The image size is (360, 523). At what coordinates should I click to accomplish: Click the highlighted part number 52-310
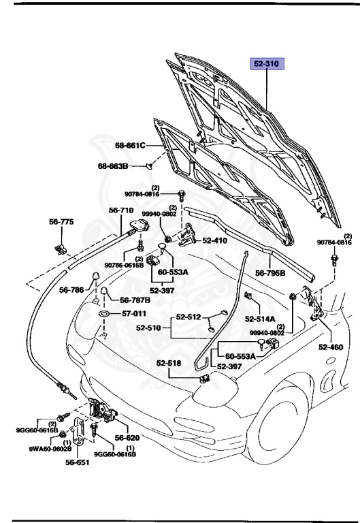[x=267, y=65]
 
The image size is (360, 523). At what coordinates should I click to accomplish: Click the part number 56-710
[x=122, y=210]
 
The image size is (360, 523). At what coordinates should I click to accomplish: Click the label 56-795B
[x=270, y=273]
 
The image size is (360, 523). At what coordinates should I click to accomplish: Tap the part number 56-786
[x=72, y=289]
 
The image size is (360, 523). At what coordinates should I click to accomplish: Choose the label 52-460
[x=331, y=347]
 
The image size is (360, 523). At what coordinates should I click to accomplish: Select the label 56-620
[x=127, y=438]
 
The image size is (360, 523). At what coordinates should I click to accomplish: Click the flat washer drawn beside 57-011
[x=105, y=314]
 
